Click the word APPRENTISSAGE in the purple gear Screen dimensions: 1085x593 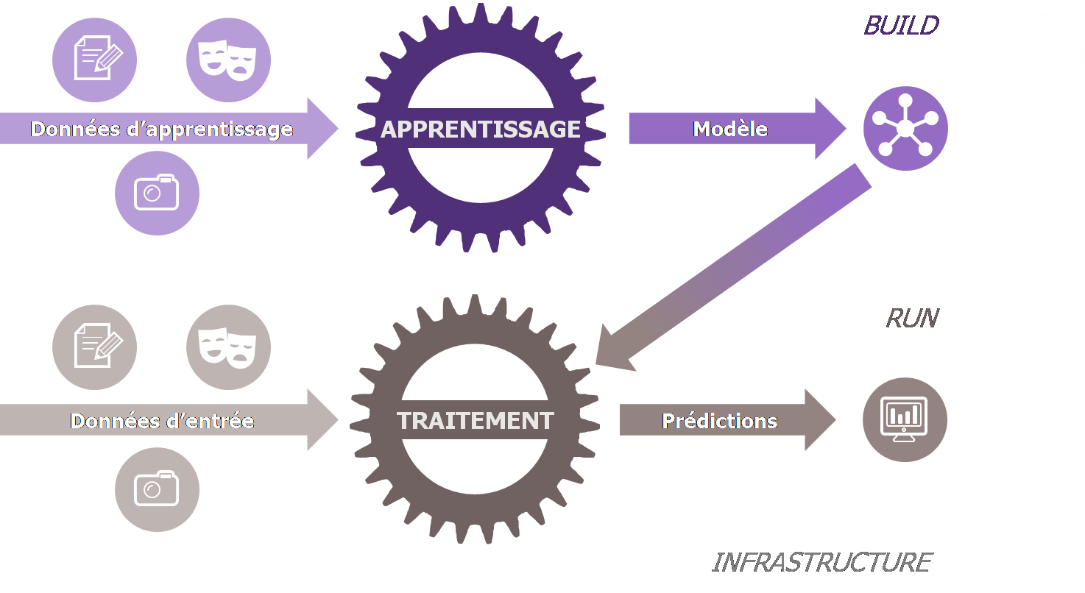pyautogui.click(x=481, y=129)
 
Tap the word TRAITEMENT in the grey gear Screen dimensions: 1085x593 pyautogui.click(x=476, y=421)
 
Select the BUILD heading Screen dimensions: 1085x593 pyautogui.click(x=902, y=26)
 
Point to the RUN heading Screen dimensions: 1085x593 pyautogui.click(x=912, y=318)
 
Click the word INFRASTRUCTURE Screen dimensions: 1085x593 pyautogui.click(x=821, y=563)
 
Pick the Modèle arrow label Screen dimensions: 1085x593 pyautogui.click(x=730, y=129)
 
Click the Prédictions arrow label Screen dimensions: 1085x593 pyautogui.click(x=720, y=421)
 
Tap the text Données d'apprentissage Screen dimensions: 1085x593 pyautogui.click(x=162, y=129)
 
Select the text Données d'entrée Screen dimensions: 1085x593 pyautogui.click(x=162, y=421)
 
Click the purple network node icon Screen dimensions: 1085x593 pyautogui.click(x=905, y=128)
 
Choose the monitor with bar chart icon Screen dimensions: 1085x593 pyautogui.click(x=905, y=419)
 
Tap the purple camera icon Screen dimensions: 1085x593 pyautogui.click(x=157, y=193)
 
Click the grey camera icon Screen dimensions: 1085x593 pyautogui.click(x=157, y=489)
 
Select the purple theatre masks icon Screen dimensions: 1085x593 pyautogui.click(x=228, y=60)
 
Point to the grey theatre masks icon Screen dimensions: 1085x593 pyautogui.click(x=228, y=347)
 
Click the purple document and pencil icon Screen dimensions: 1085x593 pyautogui.click(x=94, y=60)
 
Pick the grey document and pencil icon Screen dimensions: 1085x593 pyautogui.click(x=94, y=347)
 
